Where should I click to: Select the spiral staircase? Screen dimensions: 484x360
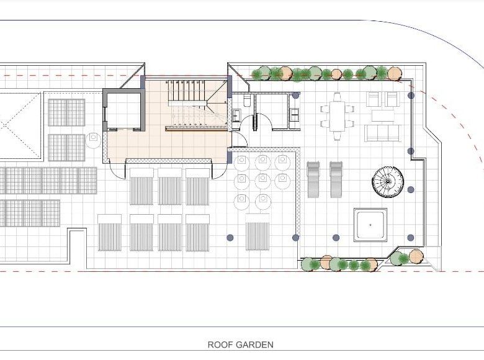tap(388, 181)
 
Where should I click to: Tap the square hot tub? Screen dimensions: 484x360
tap(370, 225)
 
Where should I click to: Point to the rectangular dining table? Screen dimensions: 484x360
tap(337, 117)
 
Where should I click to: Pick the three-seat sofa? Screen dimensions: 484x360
tap(383, 133)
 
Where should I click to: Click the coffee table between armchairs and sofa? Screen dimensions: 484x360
tap(383, 116)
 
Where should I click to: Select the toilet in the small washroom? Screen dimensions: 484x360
tap(247, 100)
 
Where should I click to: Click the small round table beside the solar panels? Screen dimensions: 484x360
tap(93, 140)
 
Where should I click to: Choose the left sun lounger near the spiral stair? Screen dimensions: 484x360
tap(313, 179)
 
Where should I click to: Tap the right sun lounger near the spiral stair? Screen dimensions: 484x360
tap(336, 179)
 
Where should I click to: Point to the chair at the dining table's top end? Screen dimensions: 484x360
tap(337, 97)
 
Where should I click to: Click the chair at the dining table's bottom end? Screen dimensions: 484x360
tap(337, 136)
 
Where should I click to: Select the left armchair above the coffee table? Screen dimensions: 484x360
tap(374, 99)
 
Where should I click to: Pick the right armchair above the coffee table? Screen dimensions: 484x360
tap(393, 99)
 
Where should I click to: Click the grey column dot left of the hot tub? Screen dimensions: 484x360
tap(336, 238)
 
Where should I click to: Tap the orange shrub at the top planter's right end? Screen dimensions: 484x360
tap(394, 74)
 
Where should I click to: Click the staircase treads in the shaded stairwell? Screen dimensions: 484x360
tap(187, 92)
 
